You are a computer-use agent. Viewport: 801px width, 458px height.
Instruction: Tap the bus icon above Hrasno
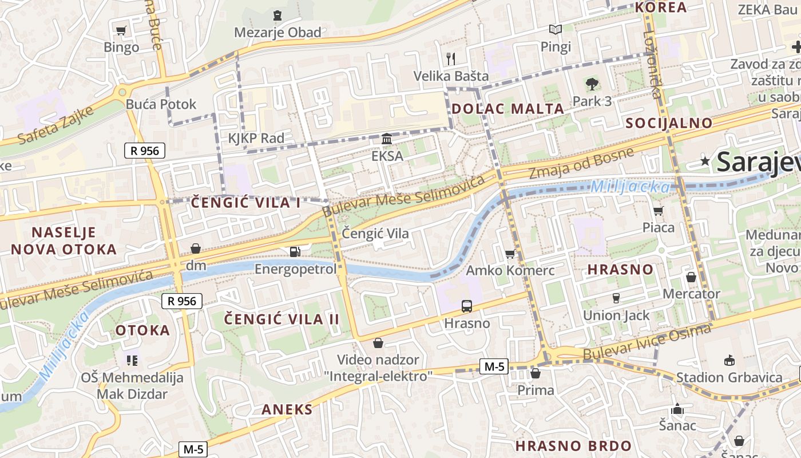click(x=467, y=306)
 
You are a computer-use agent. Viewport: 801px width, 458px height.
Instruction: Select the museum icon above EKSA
click(x=387, y=139)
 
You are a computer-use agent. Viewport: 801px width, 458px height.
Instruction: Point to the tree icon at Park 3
click(x=592, y=84)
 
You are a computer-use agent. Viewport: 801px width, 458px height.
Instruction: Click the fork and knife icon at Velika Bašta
click(x=451, y=58)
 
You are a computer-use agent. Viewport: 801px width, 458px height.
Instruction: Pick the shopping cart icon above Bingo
click(x=121, y=30)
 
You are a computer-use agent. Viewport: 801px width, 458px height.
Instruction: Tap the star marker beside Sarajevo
click(x=705, y=162)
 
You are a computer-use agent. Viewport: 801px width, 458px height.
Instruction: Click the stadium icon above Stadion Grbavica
click(x=729, y=360)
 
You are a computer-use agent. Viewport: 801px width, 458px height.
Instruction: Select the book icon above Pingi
click(x=555, y=29)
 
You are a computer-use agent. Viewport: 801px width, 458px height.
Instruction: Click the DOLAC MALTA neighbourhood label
click(x=507, y=109)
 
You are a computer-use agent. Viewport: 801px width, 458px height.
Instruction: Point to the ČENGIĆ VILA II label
click(x=281, y=319)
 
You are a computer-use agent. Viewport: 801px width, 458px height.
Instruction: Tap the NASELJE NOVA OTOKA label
click(x=64, y=240)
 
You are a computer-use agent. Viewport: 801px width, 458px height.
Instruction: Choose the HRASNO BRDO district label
click(x=573, y=446)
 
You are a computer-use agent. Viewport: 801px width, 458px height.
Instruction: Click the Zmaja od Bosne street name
click(x=581, y=163)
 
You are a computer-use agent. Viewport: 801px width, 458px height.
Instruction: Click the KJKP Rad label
click(x=256, y=138)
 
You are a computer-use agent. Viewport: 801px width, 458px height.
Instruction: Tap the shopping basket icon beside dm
click(x=196, y=248)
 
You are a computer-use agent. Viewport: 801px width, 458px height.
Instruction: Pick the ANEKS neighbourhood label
click(x=287, y=409)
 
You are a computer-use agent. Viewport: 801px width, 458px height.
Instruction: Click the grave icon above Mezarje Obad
click(x=277, y=15)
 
